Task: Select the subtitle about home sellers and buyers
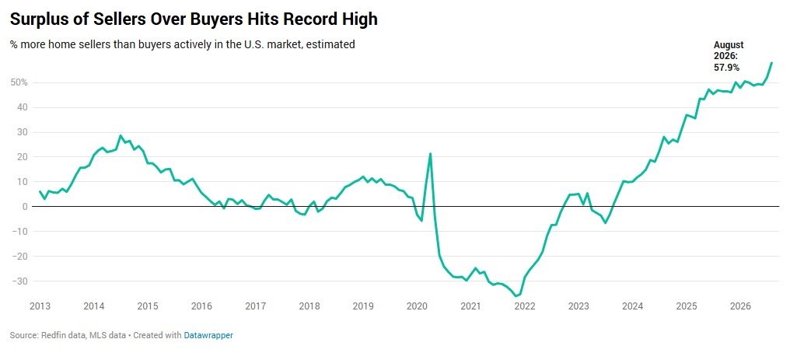183,44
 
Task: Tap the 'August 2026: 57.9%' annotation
729,56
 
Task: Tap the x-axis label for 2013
40,306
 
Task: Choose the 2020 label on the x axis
417,306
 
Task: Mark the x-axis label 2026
740,306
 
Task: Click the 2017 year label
256,306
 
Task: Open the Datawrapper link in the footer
208,335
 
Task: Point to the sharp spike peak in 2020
430,154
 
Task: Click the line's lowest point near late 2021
516,296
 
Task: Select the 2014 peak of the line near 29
121,135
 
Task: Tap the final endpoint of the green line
771,63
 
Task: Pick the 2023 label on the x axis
579,306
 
